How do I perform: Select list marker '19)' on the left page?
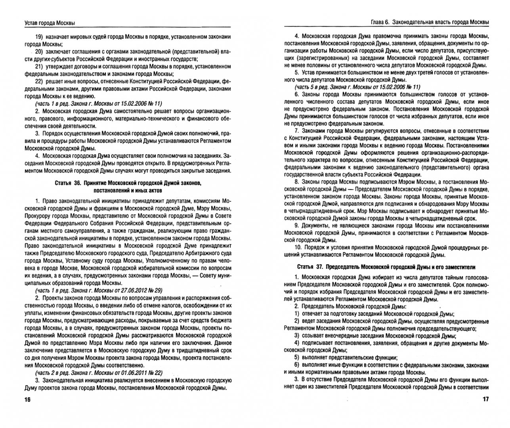tap(40, 37)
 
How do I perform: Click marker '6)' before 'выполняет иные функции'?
tap(297, 365)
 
